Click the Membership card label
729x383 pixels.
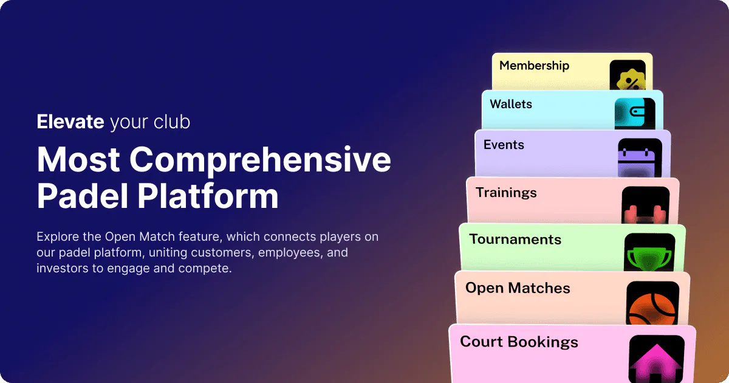click(535, 66)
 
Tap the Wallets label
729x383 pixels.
click(511, 104)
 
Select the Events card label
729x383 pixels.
click(504, 145)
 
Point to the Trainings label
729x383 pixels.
click(506, 193)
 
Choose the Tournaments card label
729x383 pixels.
click(515, 240)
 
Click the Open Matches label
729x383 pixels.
click(518, 288)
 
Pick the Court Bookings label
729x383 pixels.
click(519, 342)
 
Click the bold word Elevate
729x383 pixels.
click(70, 122)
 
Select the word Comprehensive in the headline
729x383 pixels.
click(261, 160)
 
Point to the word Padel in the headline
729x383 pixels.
click(83, 196)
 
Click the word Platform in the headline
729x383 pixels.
click(208, 196)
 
